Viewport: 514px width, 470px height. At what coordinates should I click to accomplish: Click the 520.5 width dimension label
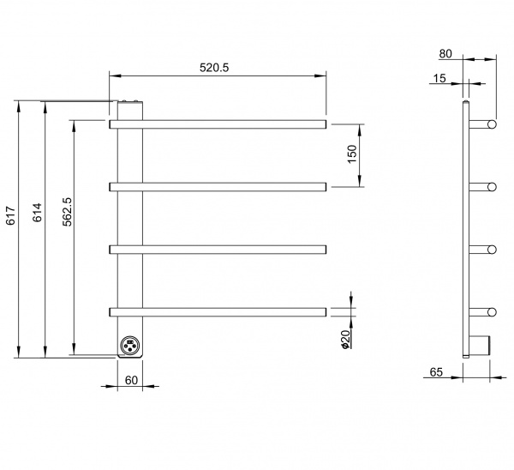coord(214,68)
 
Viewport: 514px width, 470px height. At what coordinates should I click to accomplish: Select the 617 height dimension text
coord(11,215)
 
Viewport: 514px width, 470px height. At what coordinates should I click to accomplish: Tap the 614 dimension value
coord(38,213)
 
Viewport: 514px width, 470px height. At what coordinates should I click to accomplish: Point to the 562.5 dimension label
coord(67,212)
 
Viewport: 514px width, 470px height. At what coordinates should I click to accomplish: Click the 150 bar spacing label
coord(351,154)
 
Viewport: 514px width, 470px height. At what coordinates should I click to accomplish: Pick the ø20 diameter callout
coord(345,340)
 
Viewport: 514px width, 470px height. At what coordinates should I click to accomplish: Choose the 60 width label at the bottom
coord(131,380)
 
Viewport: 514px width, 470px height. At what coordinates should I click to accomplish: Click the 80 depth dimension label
coord(445,53)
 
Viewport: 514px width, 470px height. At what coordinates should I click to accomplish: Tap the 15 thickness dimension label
coord(439,78)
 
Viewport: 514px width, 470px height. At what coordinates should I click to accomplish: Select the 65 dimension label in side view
coord(436,372)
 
